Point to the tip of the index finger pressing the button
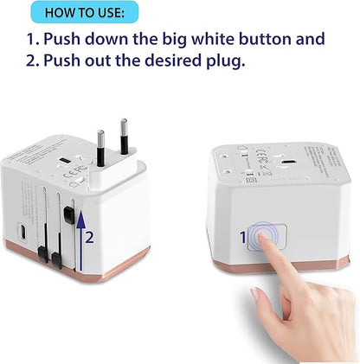click(x=261, y=239)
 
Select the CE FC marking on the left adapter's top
click(x=61, y=182)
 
